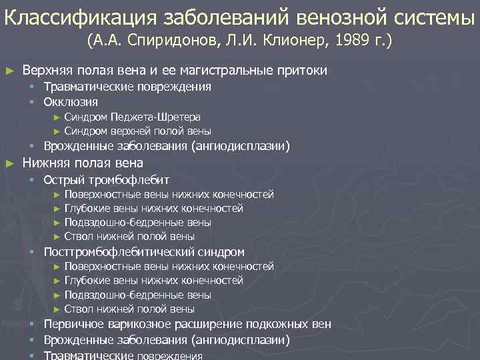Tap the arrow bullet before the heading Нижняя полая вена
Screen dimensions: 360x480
point(9,163)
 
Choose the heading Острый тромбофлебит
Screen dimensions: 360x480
point(106,179)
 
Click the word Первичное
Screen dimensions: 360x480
point(73,325)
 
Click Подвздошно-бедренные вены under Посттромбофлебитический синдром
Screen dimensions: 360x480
point(137,295)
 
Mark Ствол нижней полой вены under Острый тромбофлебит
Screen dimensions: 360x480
point(129,236)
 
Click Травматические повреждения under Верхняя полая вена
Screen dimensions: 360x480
point(127,87)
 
